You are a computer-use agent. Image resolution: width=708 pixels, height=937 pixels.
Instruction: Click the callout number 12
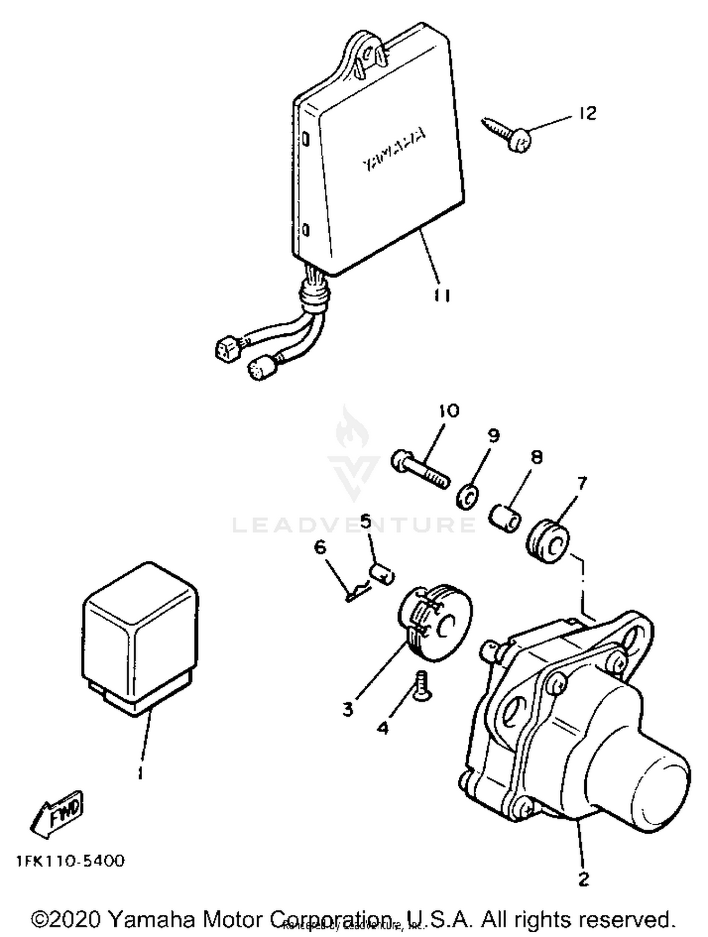coord(588,113)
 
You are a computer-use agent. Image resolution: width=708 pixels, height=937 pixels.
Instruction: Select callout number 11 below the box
coord(442,295)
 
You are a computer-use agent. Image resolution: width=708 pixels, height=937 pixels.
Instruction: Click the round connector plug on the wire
coord(258,368)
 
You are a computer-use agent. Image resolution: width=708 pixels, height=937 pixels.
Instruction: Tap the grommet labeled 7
coord(548,542)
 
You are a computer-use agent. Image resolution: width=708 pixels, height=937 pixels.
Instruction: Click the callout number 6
coord(320,548)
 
